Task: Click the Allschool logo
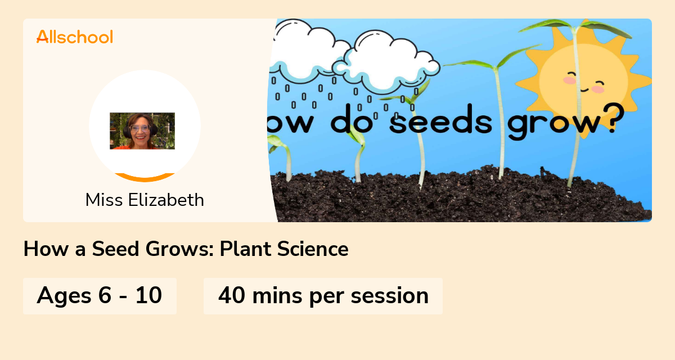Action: [75, 37]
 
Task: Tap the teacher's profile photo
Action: [142, 131]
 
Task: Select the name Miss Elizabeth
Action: [145, 200]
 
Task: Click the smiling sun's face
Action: [583, 82]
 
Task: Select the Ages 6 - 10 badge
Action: [100, 295]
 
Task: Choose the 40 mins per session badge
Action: [323, 295]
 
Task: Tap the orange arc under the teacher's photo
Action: [145, 178]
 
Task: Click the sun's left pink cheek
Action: [570, 80]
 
